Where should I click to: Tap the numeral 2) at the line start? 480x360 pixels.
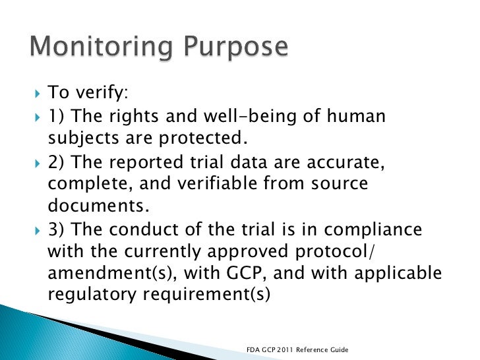[x=57, y=163]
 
